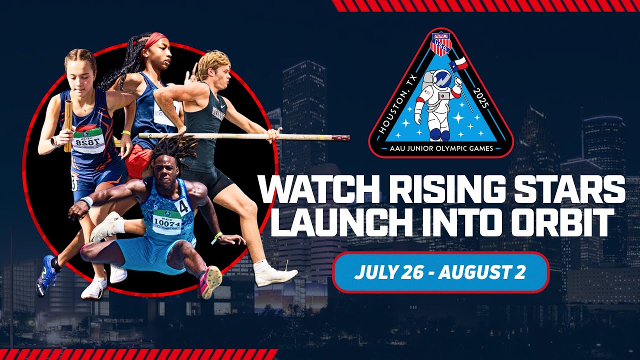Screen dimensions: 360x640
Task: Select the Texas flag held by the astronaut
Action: tap(458, 63)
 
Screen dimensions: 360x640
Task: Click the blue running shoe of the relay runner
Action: tap(46, 275)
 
